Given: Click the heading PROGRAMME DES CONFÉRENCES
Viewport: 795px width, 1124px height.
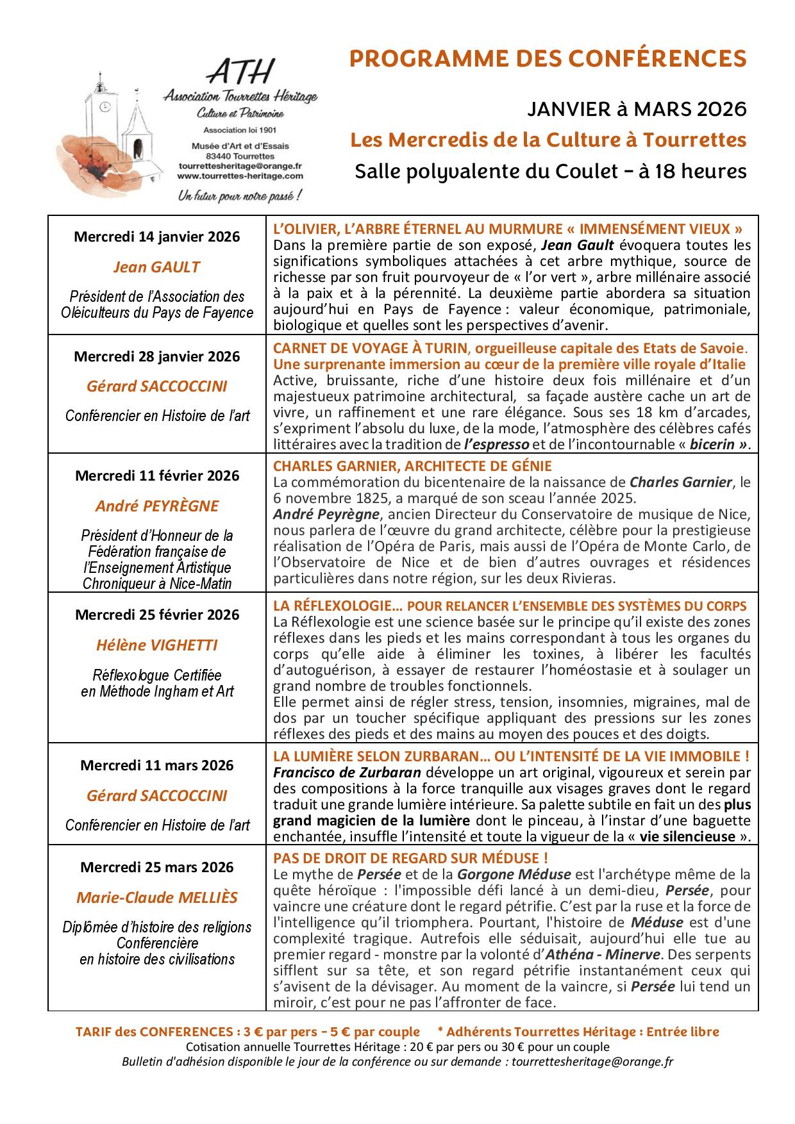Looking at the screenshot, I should point(548,58).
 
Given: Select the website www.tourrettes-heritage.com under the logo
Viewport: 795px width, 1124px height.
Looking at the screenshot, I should point(240,175).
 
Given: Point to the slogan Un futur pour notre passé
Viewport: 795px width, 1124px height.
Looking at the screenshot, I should point(240,195).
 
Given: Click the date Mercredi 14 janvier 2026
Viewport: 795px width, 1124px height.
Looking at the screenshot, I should point(157,236).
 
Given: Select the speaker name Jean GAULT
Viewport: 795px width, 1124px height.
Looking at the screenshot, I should point(157,267).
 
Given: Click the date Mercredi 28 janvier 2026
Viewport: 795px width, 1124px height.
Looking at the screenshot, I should point(157,356).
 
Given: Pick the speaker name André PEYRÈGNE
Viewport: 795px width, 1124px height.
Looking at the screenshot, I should point(157,506).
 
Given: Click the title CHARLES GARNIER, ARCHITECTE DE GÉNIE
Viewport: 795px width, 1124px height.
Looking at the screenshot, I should point(412,466).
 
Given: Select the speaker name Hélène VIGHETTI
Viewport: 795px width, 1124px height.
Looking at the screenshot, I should point(157,645).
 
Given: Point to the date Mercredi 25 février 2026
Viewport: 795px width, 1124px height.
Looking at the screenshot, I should point(157,615).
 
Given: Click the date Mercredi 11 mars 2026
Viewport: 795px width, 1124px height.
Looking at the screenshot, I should point(157,765).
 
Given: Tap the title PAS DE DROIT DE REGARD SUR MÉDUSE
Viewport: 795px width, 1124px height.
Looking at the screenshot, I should point(410,858).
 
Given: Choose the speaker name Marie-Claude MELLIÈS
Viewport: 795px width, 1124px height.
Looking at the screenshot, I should point(157,897).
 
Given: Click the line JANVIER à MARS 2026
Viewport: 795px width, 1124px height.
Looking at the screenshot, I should point(637,110).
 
